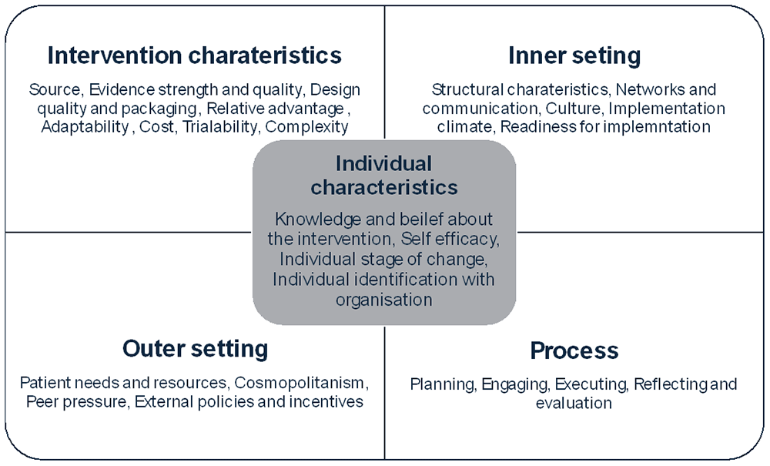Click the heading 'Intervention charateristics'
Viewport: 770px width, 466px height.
[x=195, y=55]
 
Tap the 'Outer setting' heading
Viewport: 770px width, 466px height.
[x=196, y=349]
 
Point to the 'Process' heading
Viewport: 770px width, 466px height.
[x=574, y=350]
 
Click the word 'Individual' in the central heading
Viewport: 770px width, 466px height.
[x=383, y=163]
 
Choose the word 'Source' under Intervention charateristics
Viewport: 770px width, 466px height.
[x=55, y=90]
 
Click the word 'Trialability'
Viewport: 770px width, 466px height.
[x=220, y=126]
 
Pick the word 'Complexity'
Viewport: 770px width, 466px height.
[x=306, y=126]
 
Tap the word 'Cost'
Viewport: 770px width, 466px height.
[x=156, y=126]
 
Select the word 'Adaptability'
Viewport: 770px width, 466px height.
[x=85, y=126]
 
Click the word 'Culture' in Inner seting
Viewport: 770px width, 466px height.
[x=574, y=108]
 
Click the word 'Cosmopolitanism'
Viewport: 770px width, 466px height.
[x=301, y=383]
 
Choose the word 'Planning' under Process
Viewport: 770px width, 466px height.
[x=443, y=384]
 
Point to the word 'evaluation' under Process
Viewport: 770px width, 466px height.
[x=574, y=403]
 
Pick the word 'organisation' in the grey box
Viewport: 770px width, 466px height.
[x=384, y=300]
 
